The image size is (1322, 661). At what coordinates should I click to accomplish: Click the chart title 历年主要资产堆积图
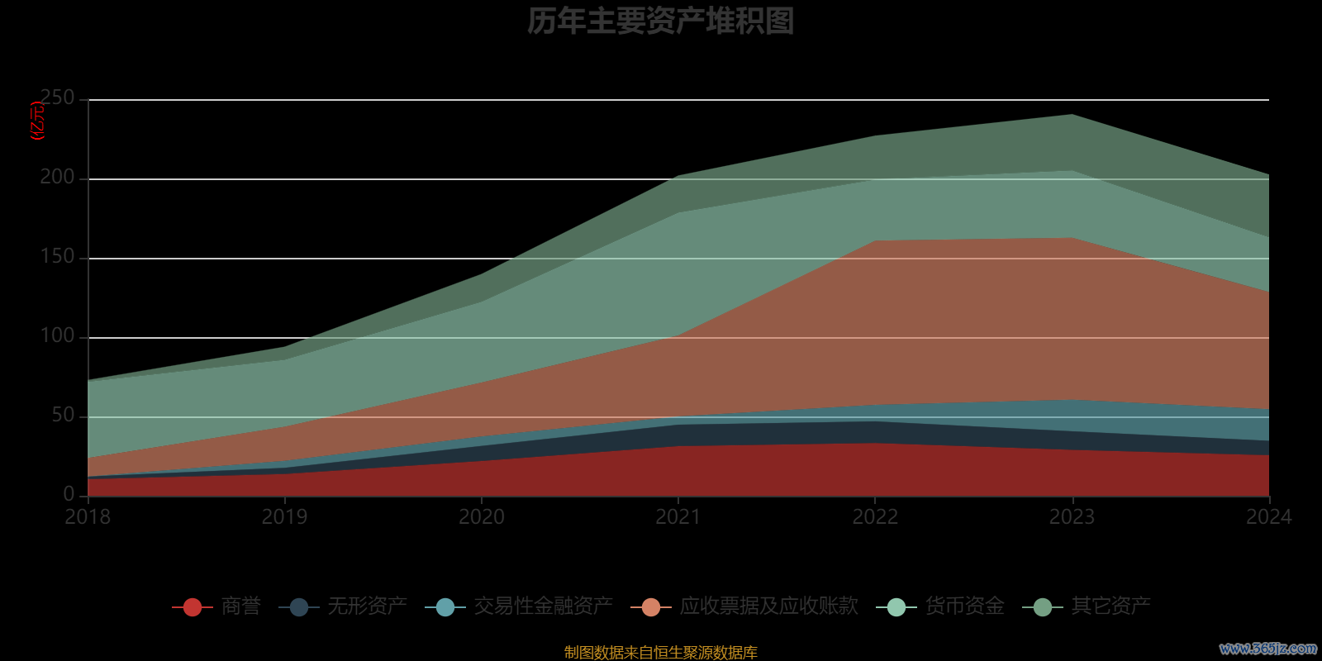660,21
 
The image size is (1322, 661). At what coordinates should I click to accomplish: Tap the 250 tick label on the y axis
57,98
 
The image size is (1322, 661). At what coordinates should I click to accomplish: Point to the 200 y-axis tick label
57,178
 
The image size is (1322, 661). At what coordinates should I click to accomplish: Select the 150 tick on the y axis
57,257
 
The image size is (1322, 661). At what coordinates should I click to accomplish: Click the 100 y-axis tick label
57,336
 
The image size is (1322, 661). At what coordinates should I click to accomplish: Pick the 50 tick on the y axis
63,416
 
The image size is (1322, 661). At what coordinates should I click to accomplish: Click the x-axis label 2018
88,517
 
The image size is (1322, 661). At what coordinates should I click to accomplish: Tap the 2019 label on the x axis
284,517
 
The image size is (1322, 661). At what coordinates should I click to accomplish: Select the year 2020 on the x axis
482,517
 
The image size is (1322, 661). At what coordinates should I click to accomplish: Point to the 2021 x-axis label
678,517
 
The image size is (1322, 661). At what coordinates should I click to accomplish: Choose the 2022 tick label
875,517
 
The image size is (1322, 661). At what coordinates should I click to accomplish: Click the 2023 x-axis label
1072,517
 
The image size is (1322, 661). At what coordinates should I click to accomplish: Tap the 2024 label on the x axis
1268,517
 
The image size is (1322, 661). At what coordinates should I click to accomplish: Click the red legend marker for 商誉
193,607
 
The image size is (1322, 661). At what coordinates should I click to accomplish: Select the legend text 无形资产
367,606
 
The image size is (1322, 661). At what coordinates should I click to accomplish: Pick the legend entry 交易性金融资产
543,606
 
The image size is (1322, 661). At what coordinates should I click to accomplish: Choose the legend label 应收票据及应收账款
768,606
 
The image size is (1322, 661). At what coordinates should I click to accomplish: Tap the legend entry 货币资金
964,606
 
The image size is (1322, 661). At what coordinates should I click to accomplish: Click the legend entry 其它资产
1110,606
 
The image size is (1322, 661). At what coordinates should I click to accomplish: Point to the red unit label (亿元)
38,121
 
